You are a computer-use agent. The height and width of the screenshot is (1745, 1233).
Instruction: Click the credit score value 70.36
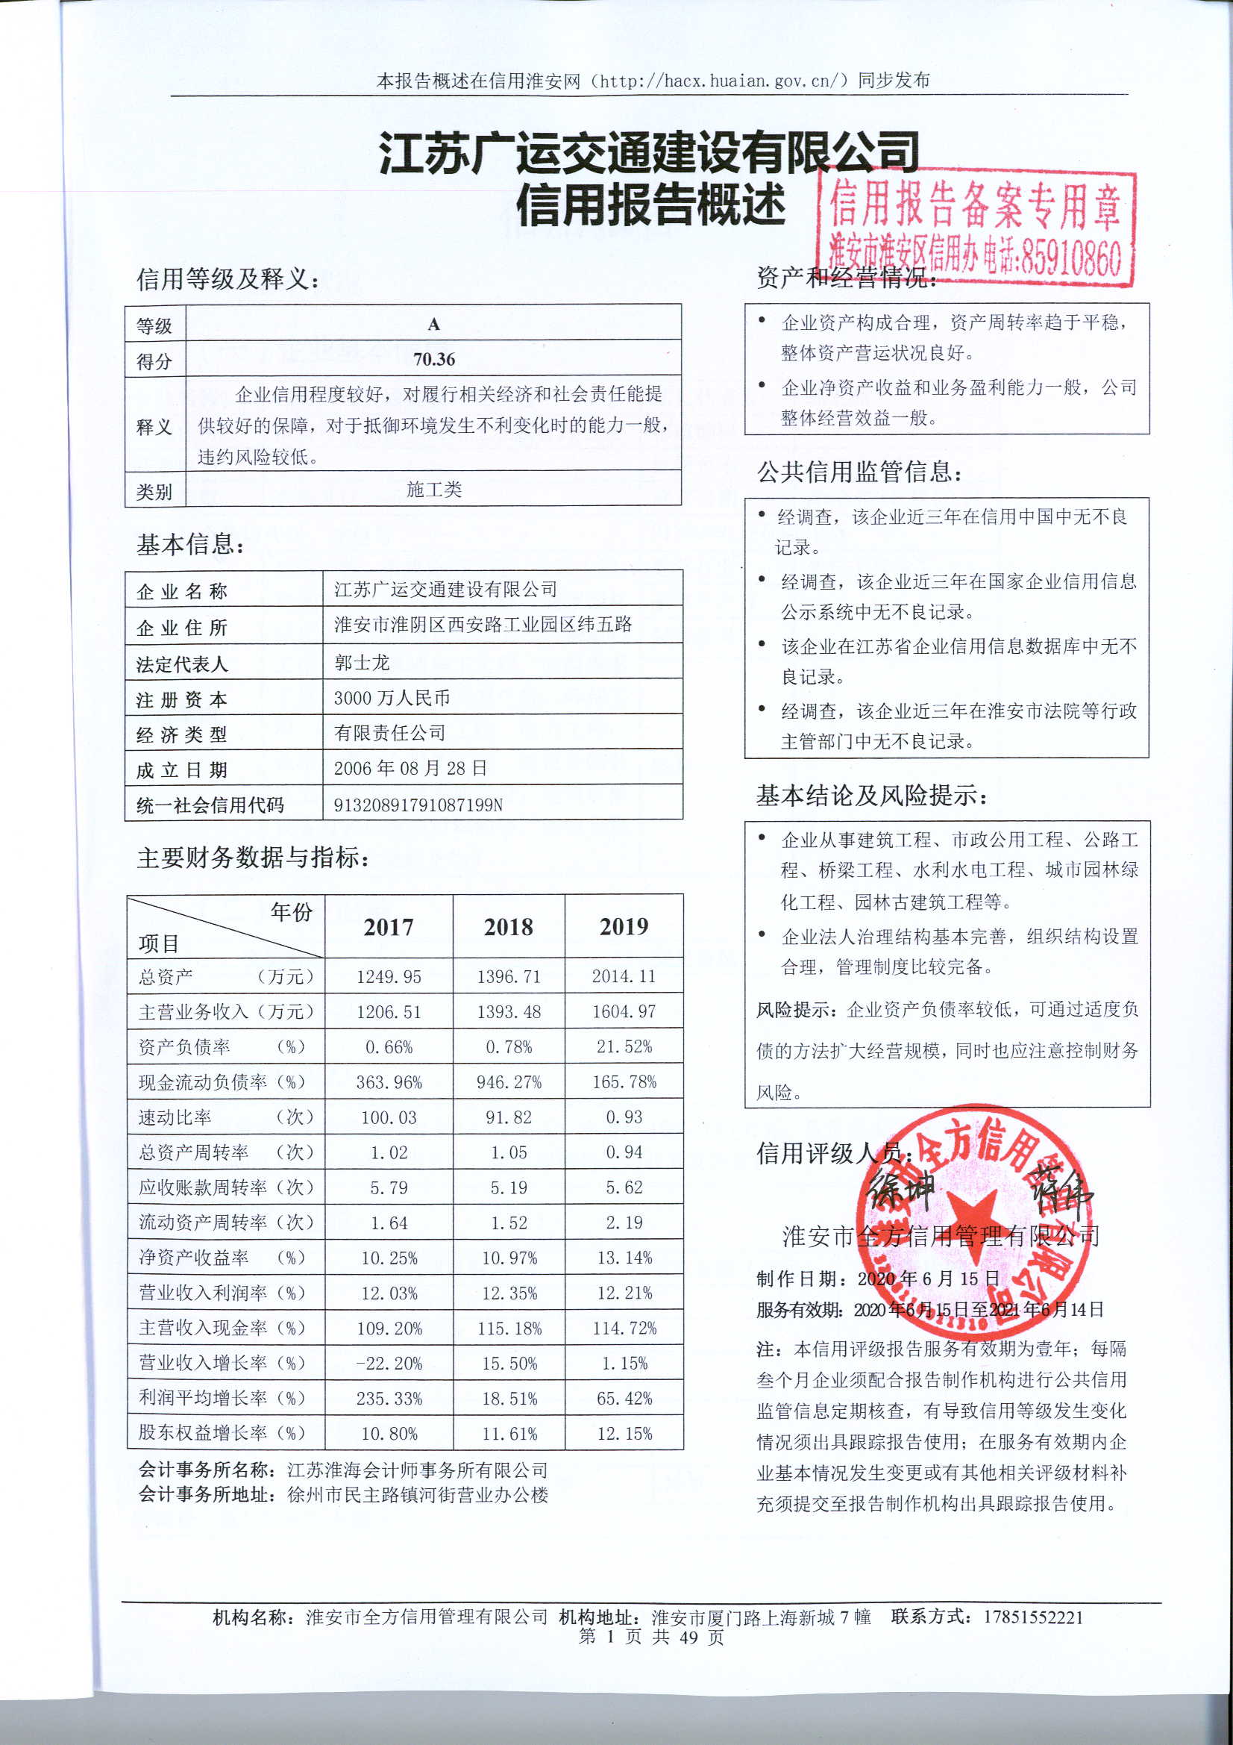[434, 359]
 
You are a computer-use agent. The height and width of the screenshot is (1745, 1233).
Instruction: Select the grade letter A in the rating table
[434, 325]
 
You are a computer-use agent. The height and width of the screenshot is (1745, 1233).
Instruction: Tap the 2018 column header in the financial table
[508, 926]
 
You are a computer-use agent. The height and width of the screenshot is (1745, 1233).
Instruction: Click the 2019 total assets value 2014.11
[624, 977]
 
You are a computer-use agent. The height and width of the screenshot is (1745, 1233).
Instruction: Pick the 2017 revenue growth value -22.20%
[389, 1364]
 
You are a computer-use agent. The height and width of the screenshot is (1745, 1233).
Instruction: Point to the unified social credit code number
[418, 805]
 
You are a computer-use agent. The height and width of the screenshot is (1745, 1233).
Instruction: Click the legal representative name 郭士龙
[362, 663]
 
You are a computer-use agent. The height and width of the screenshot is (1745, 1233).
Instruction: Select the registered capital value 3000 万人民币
[392, 698]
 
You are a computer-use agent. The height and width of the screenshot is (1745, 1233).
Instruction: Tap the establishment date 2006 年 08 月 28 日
[410, 768]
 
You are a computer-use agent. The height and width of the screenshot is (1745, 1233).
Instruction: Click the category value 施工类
[434, 490]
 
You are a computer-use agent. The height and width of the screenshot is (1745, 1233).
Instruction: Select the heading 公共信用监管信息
[859, 472]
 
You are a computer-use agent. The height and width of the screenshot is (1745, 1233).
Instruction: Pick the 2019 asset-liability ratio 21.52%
[624, 1046]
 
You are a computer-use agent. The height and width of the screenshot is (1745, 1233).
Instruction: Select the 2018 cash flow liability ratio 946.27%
[508, 1082]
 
